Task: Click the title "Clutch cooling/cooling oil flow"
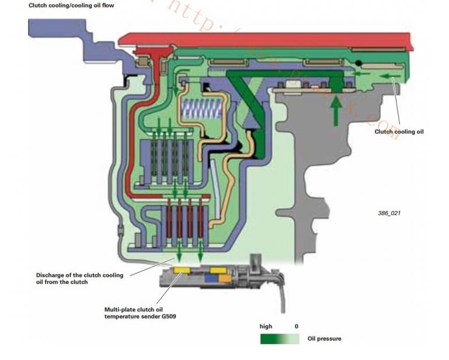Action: click(71, 5)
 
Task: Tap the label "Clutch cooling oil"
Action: click(399, 131)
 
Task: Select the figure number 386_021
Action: click(389, 213)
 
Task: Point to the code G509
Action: click(166, 317)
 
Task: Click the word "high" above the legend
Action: click(266, 326)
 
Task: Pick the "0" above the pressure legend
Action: click(296, 326)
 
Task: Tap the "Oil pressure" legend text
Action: click(324, 338)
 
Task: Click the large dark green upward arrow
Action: click(336, 110)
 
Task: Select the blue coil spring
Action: click(201, 109)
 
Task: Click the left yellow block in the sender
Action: click(182, 271)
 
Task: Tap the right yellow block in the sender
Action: click(219, 271)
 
